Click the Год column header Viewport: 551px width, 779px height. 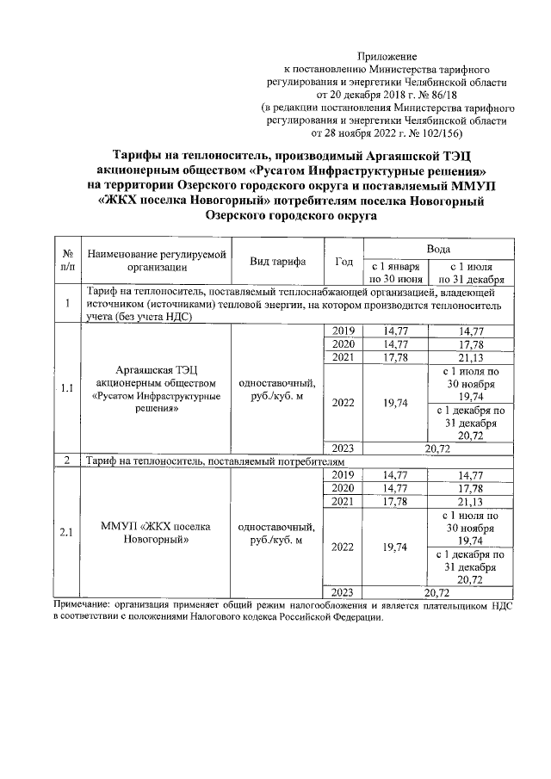tap(344, 262)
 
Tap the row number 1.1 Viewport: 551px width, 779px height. tap(66, 388)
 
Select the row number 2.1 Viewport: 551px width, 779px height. tap(66, 532)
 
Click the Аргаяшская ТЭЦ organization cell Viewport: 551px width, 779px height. tap(155, 389)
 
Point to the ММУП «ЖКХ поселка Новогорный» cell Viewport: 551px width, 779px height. tap(155, 532)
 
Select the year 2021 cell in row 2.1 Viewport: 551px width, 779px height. tap(344, 502)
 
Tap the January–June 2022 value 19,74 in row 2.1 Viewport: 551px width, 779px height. tap(394, 547)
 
